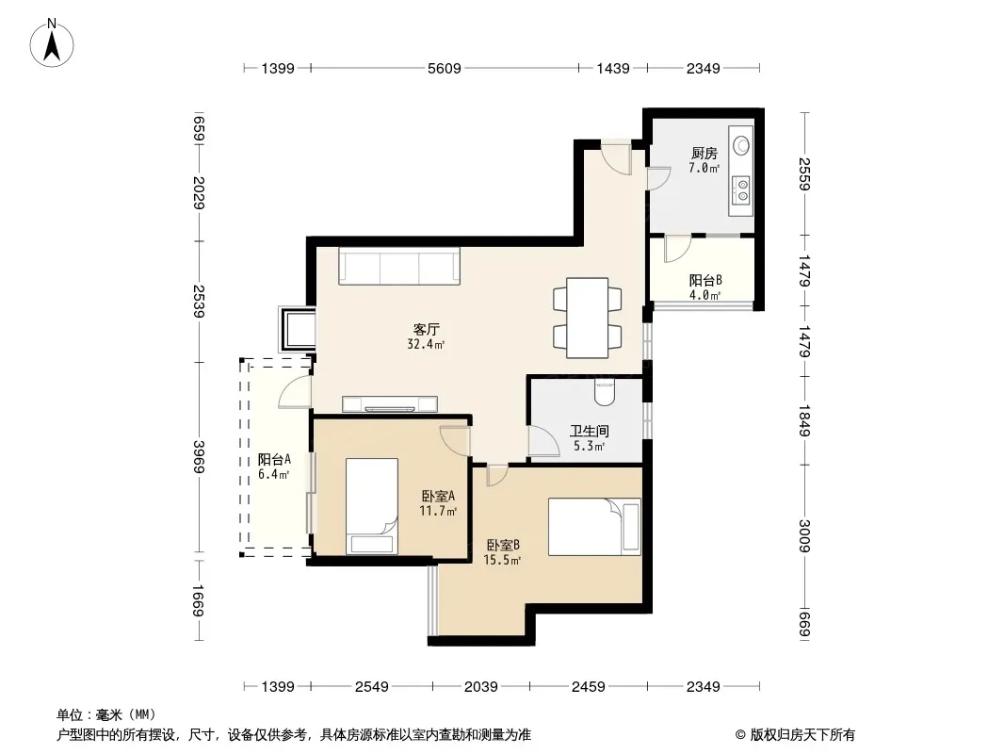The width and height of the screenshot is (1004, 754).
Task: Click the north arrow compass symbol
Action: (52, 43)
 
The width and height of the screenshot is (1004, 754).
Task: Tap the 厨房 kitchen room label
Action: (704, 153)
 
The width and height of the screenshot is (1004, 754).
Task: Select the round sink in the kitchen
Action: (741, 144)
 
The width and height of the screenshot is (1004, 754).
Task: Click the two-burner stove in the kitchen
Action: (741, 189)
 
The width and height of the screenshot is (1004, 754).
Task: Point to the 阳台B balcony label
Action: (705, 280)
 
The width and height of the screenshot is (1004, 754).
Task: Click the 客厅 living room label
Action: (426, 329)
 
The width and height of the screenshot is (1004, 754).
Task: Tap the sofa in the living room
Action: (399, 266)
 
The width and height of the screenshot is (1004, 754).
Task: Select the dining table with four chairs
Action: (587, 318)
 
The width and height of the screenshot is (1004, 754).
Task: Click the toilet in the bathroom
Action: (605, 391)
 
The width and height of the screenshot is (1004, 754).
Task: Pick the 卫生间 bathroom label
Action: (589, 431)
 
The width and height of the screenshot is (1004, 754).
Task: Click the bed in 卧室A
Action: (371, 505)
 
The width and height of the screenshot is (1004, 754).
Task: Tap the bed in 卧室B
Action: (594, 527)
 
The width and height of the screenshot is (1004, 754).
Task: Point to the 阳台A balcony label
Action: (274, 459)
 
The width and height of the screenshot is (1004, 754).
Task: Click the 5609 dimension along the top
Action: (445, 68)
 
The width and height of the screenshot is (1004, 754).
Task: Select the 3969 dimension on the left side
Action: (199, 457)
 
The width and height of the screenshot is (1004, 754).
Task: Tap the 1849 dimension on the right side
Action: (805, 420)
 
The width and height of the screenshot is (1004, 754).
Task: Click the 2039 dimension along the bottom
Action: (481, 687)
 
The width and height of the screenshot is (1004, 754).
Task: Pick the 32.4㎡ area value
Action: (426, 345)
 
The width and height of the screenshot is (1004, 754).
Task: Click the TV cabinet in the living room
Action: (390, 404)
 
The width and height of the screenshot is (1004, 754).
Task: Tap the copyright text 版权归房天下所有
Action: (802, 735)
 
